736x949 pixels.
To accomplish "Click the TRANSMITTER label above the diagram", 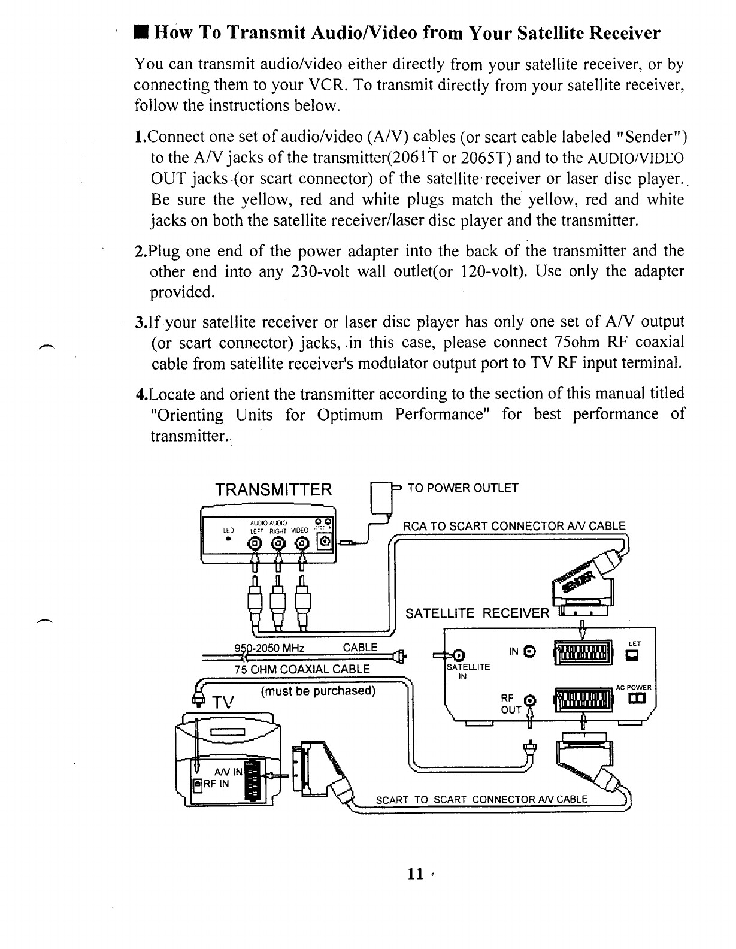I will [273, 490].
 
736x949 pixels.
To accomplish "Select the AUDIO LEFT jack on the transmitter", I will [256, 543].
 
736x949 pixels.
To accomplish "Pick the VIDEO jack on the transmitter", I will [302, 543].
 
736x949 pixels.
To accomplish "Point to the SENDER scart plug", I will [584, 582].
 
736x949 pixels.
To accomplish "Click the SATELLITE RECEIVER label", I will [477, 613].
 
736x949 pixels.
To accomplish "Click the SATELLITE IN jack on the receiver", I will [459, 654].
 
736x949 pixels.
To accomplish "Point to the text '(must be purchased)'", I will [318, 691].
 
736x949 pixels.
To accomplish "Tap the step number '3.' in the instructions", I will [141, 323].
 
